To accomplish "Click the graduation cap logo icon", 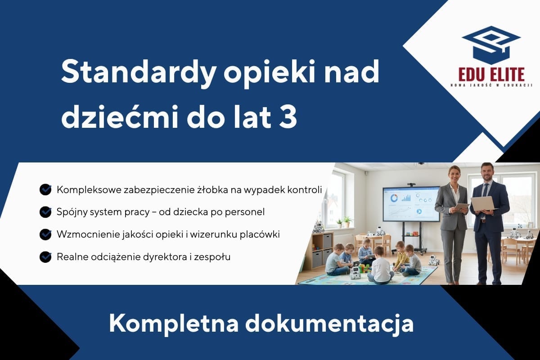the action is (x=491, y=45).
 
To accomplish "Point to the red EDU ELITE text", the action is (x=491, y=75).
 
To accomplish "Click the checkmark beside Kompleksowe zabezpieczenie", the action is (x=45, y=189).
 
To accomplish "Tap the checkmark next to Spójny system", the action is (x=45, y=212).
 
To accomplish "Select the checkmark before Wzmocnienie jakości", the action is (x=45, y=234).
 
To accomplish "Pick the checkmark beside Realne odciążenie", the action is (x=45, y=257).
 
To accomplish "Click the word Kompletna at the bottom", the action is (x=174, y=324).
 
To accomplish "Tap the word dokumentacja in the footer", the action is (x=329, y=324).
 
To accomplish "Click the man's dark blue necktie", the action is (x=486, y=193).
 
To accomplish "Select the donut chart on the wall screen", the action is (x=394, y=198).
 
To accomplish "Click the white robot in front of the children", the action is (x=354, y=272).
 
